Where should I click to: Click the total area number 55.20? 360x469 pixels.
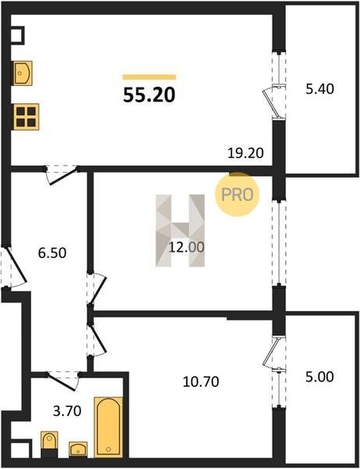click(149, 95)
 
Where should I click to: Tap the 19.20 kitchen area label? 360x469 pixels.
click(245, 153)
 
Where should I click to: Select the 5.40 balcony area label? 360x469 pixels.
click(319, 89)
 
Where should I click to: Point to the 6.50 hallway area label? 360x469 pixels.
click(52, 253)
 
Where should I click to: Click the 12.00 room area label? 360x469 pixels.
click(187, 247)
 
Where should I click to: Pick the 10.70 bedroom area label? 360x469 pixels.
click(201, 381)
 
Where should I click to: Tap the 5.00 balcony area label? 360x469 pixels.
click(319, 377)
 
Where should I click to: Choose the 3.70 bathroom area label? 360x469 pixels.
click(67, 411)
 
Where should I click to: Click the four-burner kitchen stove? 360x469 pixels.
click(26, 116)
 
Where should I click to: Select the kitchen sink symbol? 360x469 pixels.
click(22, 73)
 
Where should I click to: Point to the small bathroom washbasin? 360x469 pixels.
click(78, 449)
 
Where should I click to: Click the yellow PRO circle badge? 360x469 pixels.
click(237, 195)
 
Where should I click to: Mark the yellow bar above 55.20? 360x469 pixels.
click(149, 77)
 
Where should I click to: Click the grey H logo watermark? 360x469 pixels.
click(180, 231)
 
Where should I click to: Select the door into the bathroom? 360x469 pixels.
click(62, 381)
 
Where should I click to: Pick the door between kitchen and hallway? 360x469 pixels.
click(62, 175)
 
